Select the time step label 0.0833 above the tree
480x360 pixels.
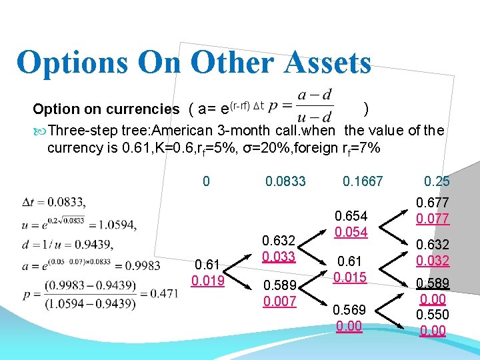285,181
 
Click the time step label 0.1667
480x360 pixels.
363,181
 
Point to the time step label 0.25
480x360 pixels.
437,181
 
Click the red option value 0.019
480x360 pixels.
209,279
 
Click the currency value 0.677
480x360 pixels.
433,203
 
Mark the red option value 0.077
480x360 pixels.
433,217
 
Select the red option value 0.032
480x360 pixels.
433,260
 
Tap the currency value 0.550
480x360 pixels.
433,315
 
